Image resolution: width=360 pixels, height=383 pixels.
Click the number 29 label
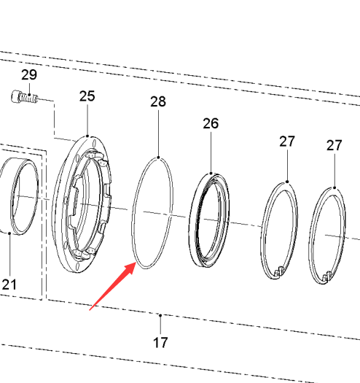pos(29,74)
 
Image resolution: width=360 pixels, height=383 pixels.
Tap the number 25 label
pos(87,96)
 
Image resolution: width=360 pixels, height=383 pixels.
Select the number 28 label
pos(158,101)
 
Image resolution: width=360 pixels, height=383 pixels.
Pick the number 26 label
pos(211,123)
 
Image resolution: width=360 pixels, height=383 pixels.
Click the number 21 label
pos(9,285)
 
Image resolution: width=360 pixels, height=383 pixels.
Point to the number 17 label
pos(160,342)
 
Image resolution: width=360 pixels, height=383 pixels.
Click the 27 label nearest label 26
pos(287,142)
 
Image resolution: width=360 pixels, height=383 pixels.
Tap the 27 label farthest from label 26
pos(334,145)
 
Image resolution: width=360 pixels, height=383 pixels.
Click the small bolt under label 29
pos(24,97)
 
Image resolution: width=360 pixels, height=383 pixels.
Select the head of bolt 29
pos(15,96)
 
